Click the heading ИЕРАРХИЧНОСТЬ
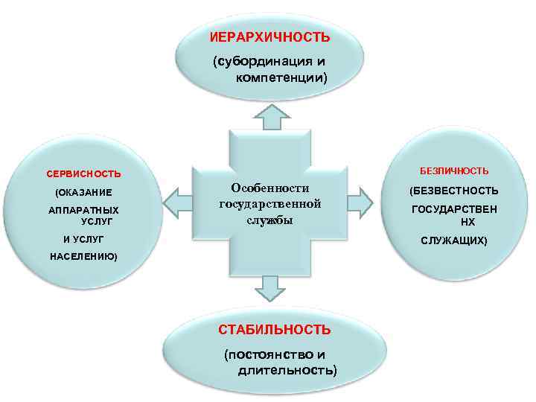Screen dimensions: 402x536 pyautogui.click(x=270, y=36)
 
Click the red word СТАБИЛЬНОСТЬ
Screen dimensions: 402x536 pyautogui.click(x=274, y=329)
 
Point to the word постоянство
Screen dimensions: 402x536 pyautogui.click(x=263, y=354)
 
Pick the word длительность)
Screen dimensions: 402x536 pyautogui.click(x=287, y=369)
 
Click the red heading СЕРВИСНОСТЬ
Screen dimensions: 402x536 pyautogui.click(x=83, y=174)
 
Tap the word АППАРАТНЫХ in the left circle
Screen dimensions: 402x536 pyautogui.click(x=83, y=211)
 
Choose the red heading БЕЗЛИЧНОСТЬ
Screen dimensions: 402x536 pyautogui.click(x=454, y=171)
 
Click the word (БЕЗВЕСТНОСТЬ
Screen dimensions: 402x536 pyautogui.click(x=454, y=191)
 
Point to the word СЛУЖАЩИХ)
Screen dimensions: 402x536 pyautogui.click(x=454, y=241)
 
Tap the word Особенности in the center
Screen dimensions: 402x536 pyautogui.click(x=269, y=188)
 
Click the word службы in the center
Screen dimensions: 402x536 pyautogui.click(x=269, y=220)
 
